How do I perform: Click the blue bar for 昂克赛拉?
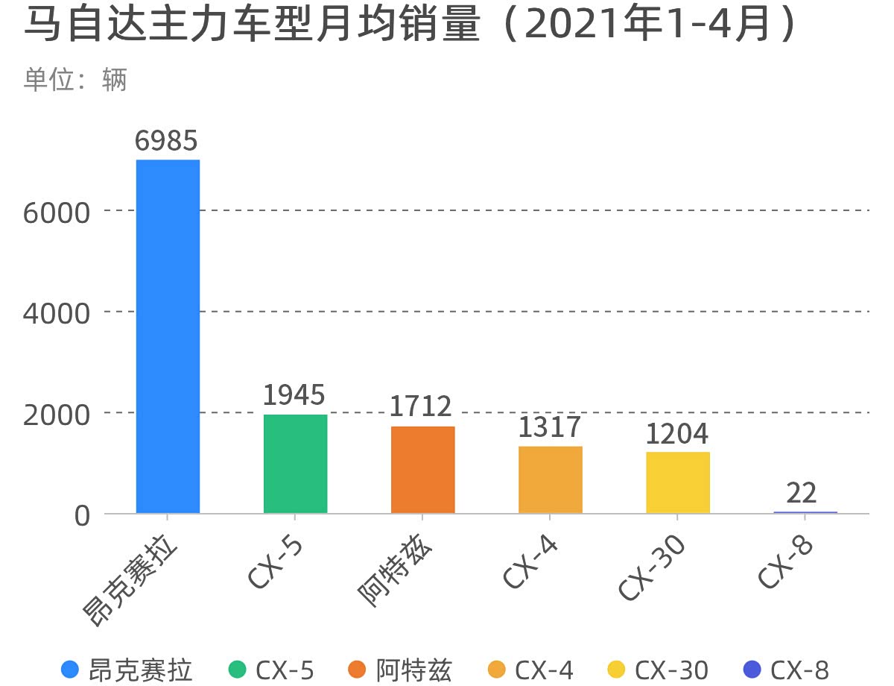click(x=168, y=336)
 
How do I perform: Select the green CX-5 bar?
click(x=295, y=464)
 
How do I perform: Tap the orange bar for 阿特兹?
click(x=422, y=470)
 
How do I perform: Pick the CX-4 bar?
click(x=550, y=479)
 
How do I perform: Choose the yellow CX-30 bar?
click(x=677, y=482)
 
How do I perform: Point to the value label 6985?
click(x=167, y=141)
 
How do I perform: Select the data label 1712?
click(x=422, y=407)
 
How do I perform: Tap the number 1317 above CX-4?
click(x=549, y=427)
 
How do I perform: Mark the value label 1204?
click(x=676, y=433)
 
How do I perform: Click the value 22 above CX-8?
click(x=802, y=493)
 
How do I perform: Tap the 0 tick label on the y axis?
click(x=82, y=515)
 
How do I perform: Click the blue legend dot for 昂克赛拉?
click(x=70, y=670)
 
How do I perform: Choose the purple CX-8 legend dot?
click(x=752, y=670)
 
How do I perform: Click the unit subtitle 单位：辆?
click(x=75, y=80)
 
